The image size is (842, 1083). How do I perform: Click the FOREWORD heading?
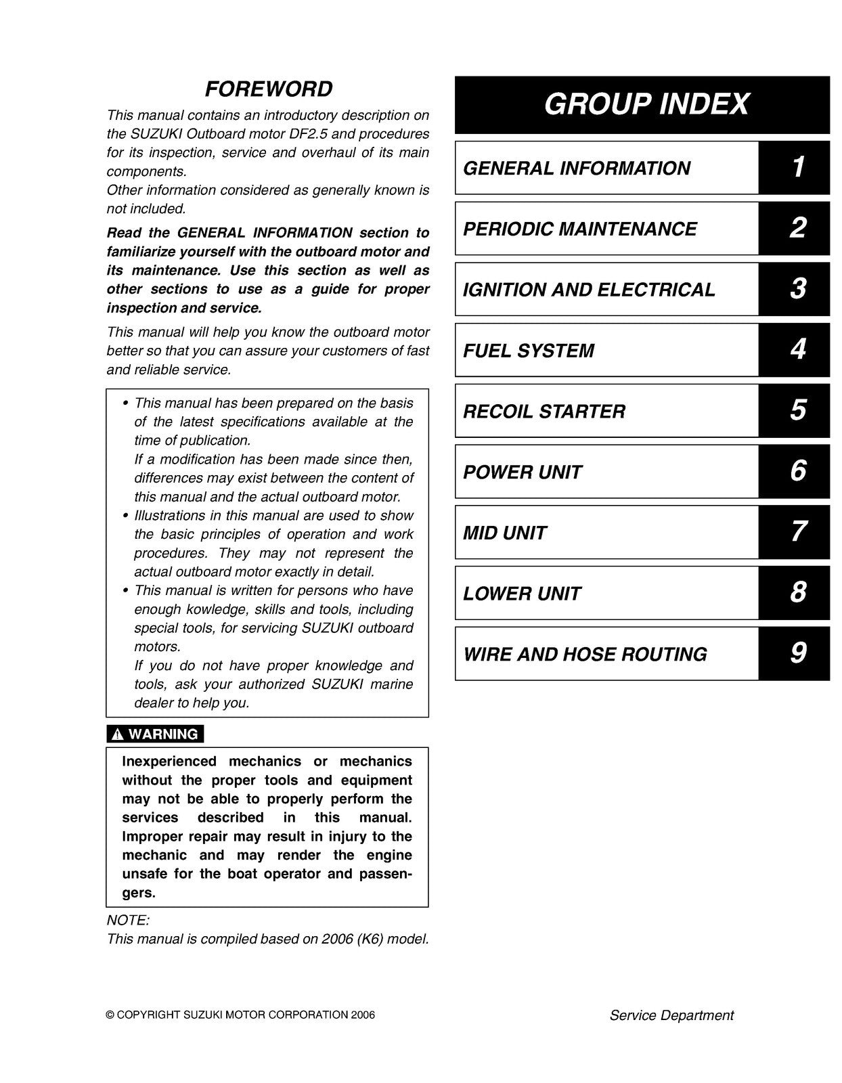tap(269, 89)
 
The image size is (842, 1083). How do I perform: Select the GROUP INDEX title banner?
tap(642, 104)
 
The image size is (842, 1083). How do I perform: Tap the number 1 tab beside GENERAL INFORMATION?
tap(797, 167)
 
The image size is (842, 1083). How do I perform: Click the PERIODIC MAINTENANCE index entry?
tap(579, 229)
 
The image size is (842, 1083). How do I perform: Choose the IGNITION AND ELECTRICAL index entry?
tap(588, 290)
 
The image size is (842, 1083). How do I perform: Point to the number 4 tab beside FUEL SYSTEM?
tap(797, 350)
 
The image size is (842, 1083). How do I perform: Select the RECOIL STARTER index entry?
tap(544, 412)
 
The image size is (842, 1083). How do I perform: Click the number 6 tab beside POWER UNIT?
tap(797, 471)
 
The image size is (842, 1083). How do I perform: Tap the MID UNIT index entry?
tap(504, 533)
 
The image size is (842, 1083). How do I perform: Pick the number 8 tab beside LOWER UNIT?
tap(797, 593)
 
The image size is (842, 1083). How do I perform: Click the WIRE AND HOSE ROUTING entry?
tap(585, 655)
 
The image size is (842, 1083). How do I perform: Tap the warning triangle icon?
tap(118, 734)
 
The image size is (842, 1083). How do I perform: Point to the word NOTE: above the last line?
tap(128, 921)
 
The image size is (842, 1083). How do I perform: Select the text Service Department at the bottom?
tap(671, 1015)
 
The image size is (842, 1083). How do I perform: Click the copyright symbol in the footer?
tap(110, 1015)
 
